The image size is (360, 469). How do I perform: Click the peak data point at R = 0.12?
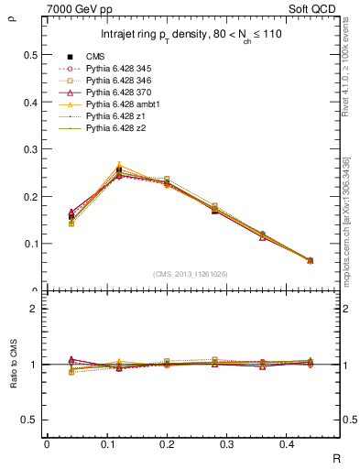coord(119,169)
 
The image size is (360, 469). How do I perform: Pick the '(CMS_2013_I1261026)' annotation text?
coord(192,273)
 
